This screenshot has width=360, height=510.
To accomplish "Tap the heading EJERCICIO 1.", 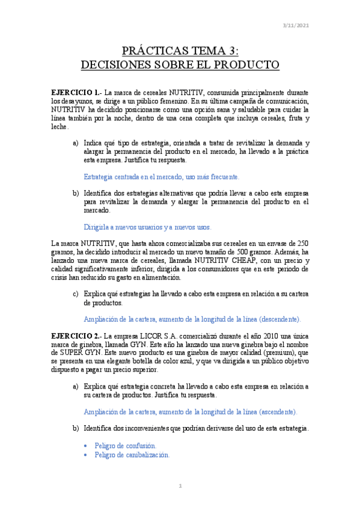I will coord(76,93).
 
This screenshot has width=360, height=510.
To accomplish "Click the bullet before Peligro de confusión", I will coord(87,446).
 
